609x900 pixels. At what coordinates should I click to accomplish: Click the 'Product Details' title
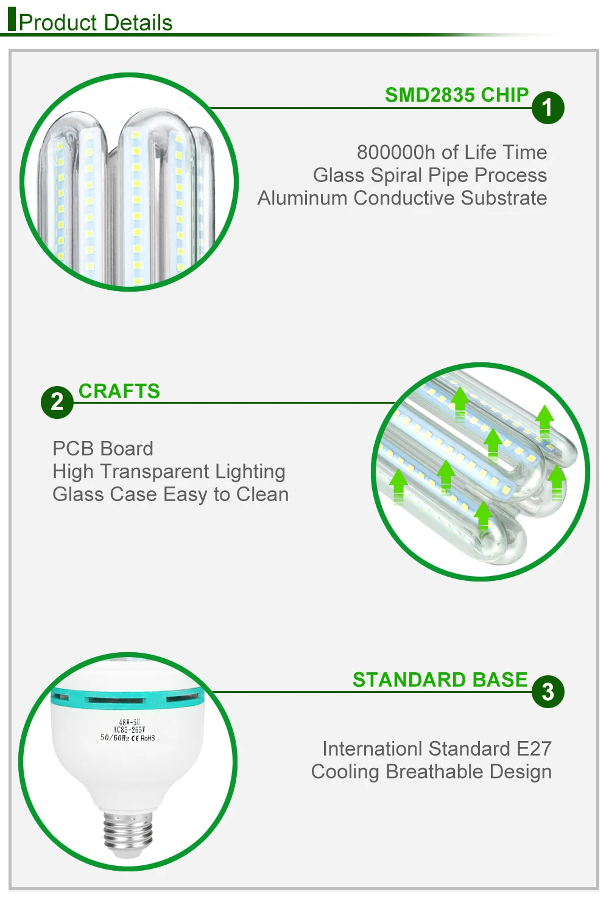pos(96,23)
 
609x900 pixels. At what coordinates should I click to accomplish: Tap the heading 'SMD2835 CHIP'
pos(457,95)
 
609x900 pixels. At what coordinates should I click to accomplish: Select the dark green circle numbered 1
pos(547,108)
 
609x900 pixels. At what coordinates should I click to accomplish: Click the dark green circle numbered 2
pos(57,402)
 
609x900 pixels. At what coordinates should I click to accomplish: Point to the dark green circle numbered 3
pos(547,692)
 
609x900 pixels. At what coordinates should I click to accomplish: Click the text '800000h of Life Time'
pos(451,152)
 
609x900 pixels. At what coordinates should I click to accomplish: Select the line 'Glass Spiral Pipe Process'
pos(429,175)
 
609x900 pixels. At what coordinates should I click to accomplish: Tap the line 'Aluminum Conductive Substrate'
pos(402,198)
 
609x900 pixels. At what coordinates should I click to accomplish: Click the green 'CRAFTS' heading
pos(119,391)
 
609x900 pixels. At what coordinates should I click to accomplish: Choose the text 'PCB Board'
pos(103,449)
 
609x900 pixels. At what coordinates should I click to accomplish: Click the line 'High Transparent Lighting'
pos(169,471)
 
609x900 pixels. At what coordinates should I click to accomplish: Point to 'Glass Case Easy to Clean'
pos(171,494)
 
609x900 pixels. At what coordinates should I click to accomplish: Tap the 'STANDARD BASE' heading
pos(440,680)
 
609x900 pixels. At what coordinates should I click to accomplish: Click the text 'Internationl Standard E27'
pos(437,748)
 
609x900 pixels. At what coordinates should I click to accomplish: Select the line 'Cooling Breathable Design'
pos(431,772)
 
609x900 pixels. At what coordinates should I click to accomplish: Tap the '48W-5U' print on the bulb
pos(129,722)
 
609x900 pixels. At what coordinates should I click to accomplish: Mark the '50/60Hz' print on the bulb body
pos(114,737)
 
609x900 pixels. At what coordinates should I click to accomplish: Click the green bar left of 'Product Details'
pos(11,18)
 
